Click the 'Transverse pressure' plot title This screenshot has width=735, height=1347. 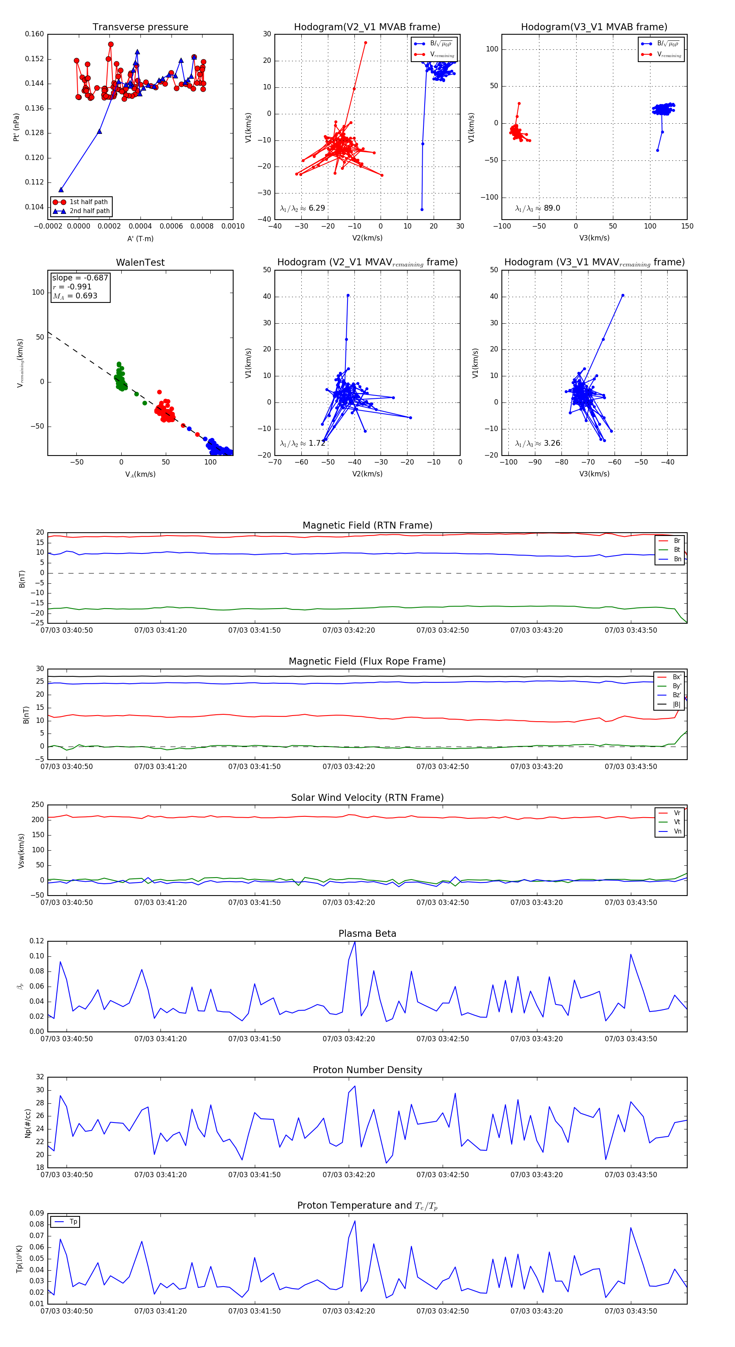(x=140, y=27)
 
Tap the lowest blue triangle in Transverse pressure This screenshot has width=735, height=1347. (x=61, y=190)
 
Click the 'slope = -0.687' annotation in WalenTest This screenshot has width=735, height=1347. (x=80, y=278)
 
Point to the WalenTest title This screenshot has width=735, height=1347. (x=140, y=262)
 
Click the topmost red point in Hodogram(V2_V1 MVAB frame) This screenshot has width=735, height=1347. (x=366, y=43)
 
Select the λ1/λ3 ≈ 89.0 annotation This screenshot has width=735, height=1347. (x=537, y=208)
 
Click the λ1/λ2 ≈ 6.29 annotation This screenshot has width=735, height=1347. (x=302, y=208)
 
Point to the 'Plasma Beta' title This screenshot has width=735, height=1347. (x=367, y=934)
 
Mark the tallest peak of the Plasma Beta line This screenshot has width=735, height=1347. (x=355, y=942)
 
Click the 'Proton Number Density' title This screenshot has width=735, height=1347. (x=367, y=1070)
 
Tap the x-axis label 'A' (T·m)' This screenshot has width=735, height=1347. (x=140, y=238)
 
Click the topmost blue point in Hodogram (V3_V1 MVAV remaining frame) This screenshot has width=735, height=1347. (x=623, y=296)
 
